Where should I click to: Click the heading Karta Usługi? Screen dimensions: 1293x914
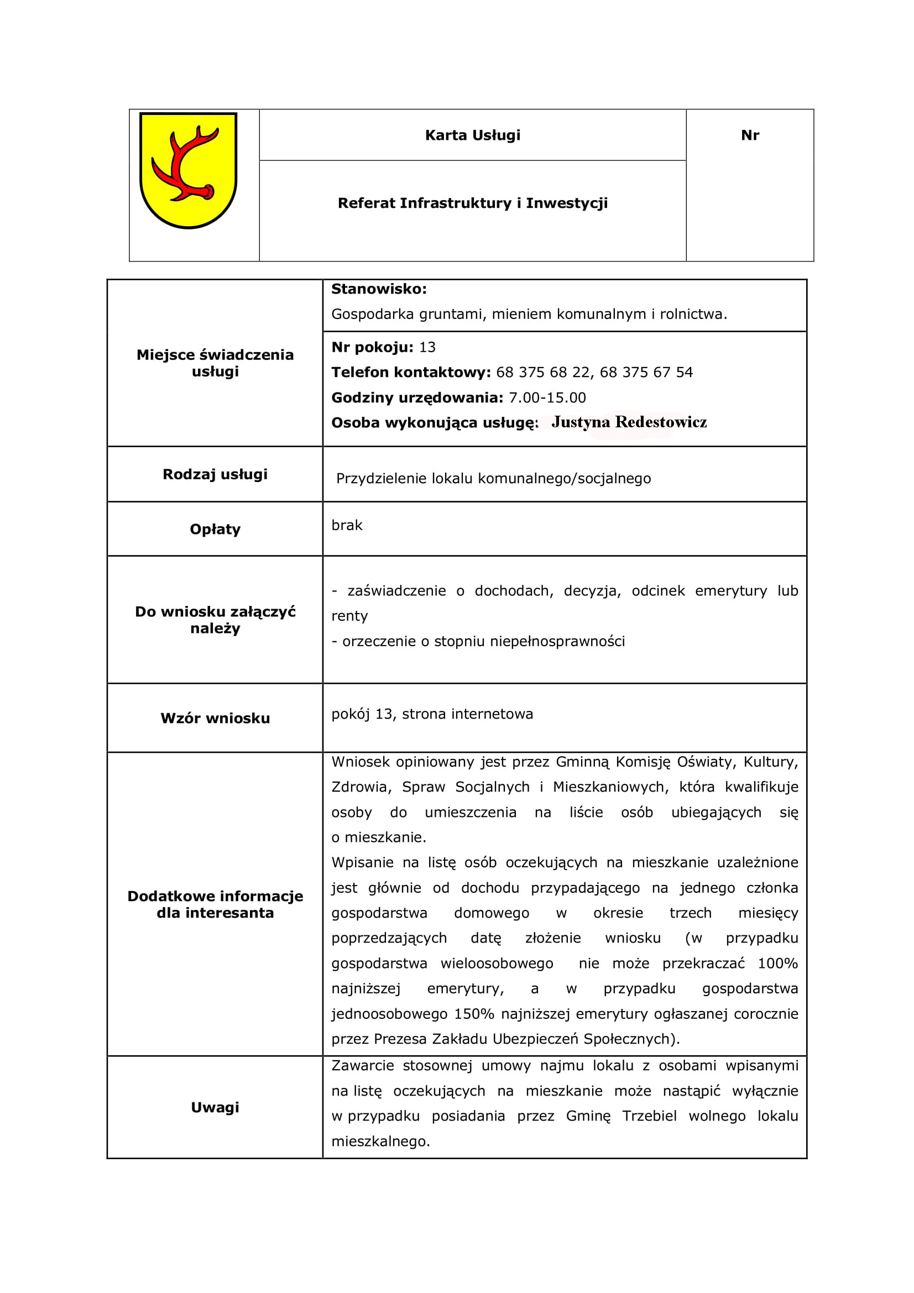coord(473,135)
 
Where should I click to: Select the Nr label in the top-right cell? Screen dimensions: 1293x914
coord(750,135)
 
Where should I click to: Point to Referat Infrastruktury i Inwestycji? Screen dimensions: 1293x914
coord(473,203)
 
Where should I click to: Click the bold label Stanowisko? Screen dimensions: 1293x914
coord(378,289)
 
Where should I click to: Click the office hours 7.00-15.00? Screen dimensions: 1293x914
coord(547,397)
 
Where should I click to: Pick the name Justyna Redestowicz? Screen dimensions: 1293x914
coord(629,422)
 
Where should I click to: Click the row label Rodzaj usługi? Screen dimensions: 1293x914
coord(215,474)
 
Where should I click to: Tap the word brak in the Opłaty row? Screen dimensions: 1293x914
coord(346,525)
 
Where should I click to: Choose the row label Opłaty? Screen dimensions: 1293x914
coord(215,530)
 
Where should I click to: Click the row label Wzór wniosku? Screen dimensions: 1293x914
coord(215,718)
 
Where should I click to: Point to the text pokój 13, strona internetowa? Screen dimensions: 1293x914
coord(431,714)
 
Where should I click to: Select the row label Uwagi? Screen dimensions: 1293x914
coord(215,1107)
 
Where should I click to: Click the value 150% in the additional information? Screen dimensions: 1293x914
coord(474,1014)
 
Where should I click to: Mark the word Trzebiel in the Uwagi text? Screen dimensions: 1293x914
coord(649,1116)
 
